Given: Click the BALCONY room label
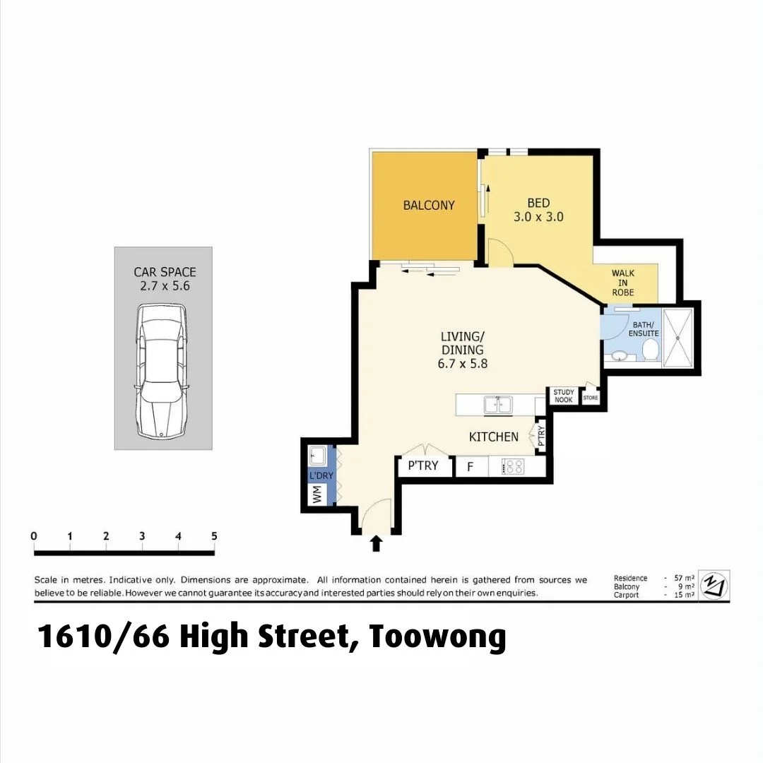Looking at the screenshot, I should click(x=429, y=206).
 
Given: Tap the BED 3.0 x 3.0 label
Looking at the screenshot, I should click(x=538, y=211).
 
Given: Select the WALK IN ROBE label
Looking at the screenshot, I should click(x=622, y=283).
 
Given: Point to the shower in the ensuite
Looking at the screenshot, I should click(x=679, y=338).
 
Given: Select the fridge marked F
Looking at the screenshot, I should click(x=469, y=467).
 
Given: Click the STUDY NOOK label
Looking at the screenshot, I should click(x=563, y=396).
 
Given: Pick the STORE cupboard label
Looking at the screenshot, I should click(x=590, y=398).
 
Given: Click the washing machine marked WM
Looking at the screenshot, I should click(x=317, y=497).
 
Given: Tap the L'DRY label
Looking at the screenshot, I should click(x=321, y=476).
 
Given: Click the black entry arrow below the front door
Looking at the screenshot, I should click(x=376, y=543).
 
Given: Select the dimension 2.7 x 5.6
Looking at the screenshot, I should click(x=165, y=287).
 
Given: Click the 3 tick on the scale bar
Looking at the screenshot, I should click(x=142, y=536).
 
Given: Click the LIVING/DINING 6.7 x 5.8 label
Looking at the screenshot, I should click(x=463, y=350).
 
